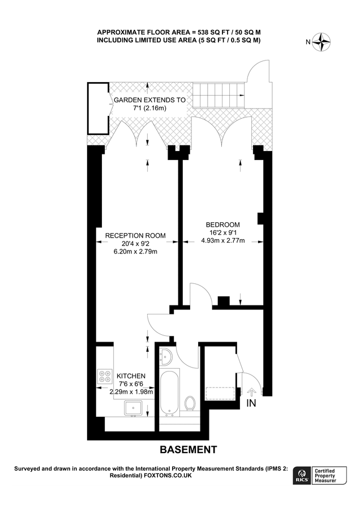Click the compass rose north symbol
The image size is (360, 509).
323,41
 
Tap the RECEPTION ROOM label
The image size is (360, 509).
135,235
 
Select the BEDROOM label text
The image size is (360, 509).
223,224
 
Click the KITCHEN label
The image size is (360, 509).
131,376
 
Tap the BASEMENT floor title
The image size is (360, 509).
188,450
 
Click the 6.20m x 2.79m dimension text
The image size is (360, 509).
135,252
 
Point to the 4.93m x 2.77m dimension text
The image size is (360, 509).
223,240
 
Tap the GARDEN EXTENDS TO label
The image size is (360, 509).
149,100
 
